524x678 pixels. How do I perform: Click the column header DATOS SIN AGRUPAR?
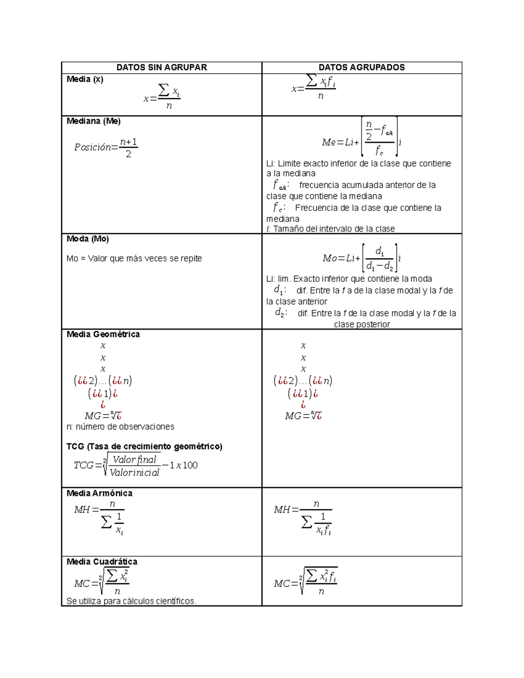pos(162,68)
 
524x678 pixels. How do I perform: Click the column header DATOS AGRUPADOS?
pos(362,68)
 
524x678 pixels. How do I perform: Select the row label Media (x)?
pos(85,79)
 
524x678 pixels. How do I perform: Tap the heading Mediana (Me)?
pos(93,121)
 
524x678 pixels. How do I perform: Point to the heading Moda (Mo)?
pos(88,239)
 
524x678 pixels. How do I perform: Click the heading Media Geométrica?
pos(103,334)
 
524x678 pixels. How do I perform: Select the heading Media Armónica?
pos(99,493)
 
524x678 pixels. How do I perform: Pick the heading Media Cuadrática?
pos(102,562)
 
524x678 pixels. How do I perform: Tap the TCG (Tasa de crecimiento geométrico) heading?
pos(144,447)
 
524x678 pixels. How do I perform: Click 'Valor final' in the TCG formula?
pos(134,460)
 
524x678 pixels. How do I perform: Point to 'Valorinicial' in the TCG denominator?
pos(134,473)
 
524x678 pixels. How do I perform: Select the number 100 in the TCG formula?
pos(190,465)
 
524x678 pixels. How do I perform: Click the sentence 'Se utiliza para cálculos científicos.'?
pos(131,601)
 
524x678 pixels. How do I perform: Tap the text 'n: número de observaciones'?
pos(120,427)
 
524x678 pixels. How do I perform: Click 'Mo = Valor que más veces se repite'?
pos(134,258)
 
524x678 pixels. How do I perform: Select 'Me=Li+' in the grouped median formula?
pos(340,142)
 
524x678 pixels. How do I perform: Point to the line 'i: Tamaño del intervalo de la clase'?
pos(331,229)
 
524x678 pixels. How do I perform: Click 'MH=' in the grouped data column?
pos(286,509)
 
